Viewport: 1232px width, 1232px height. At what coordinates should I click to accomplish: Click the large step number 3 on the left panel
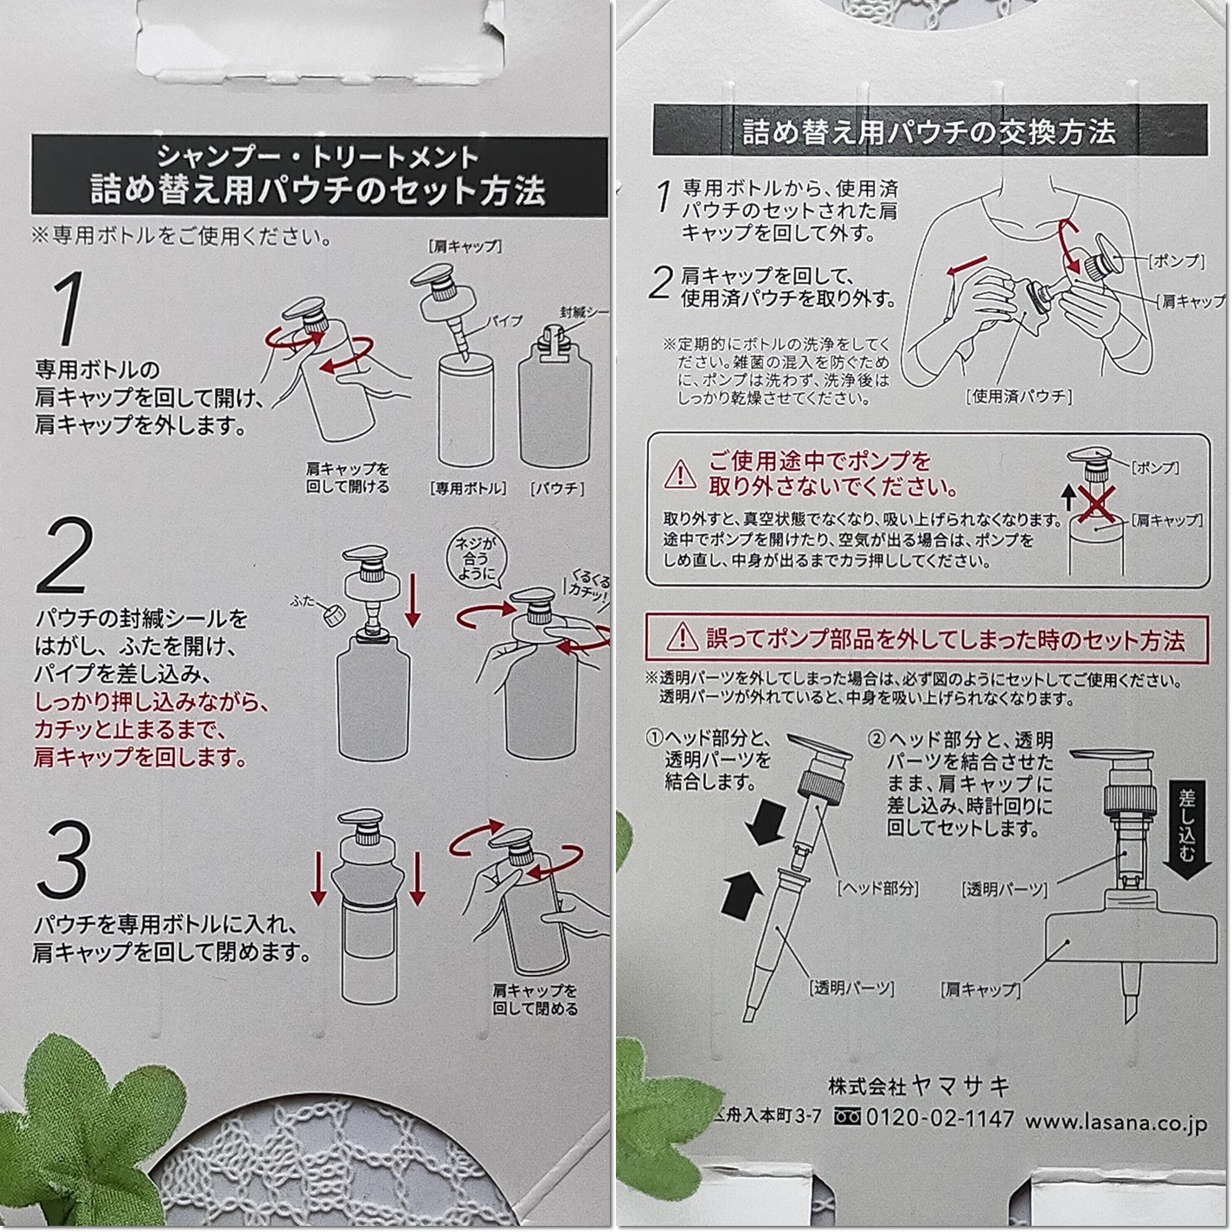click(63, 860)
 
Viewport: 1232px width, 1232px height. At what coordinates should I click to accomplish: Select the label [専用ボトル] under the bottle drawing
click(468, 488)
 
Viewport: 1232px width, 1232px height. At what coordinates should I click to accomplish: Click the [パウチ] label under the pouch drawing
click(556, 488)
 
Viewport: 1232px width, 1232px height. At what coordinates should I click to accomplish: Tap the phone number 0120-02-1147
click(939, 1118)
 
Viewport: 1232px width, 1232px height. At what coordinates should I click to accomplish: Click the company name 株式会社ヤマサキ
click(919, 1085)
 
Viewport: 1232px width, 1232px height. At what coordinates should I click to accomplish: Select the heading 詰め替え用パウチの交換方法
click(929, 132)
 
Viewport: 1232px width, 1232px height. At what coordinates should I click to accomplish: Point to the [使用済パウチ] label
click(1018, 397)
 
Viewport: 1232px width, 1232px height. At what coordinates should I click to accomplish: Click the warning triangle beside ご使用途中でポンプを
click(680, 473)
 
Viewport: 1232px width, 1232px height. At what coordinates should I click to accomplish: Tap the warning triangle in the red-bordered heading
click(682, 638)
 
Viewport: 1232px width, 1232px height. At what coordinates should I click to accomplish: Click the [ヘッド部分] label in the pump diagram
click(877, 888)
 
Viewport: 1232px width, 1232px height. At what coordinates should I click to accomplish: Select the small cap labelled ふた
click(330, 614)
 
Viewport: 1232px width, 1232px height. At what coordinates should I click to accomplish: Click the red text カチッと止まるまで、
click(131, 728)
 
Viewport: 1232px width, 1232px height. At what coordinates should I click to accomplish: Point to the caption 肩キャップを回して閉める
click(535, 999)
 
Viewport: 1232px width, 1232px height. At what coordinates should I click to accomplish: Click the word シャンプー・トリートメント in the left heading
click(318, 157)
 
